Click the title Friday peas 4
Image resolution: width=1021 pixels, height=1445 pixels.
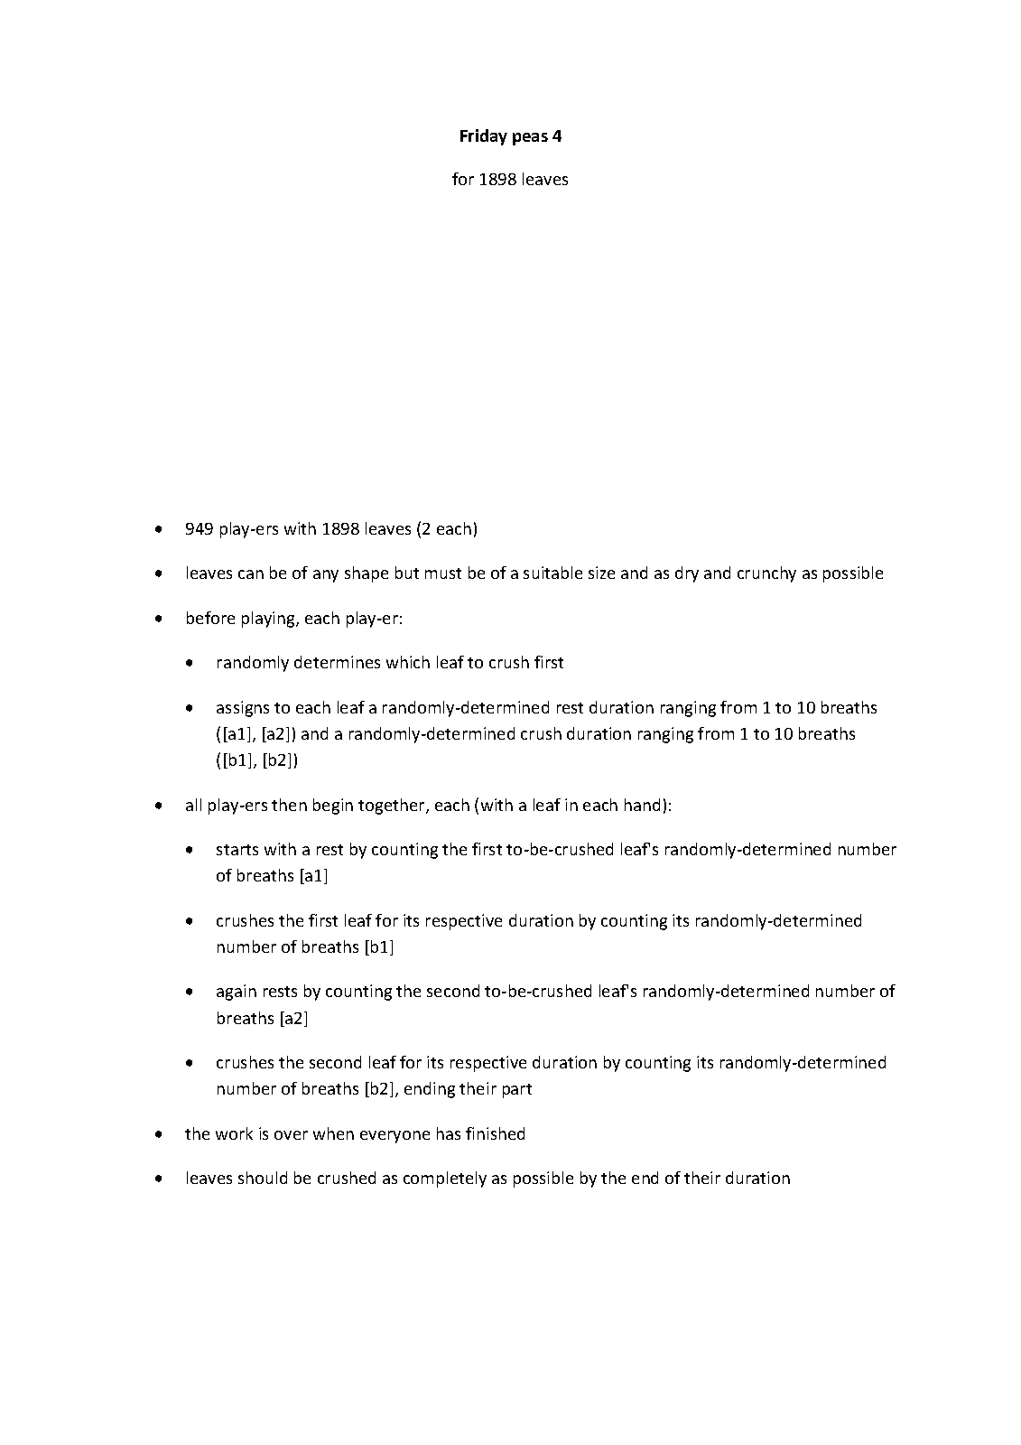click(510, 136)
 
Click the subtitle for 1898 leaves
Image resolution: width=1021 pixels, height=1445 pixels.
click(510, 179)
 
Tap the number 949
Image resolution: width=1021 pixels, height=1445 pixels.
click(199, 528)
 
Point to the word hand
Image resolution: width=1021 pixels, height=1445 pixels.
click(645, 805)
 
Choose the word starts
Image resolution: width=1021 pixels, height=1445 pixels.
click(237, 849)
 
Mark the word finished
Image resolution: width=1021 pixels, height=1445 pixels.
click(495, 1133)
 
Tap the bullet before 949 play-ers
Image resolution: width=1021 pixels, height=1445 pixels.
click(159, 529)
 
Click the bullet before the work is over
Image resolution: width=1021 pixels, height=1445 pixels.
click(159, 1134)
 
